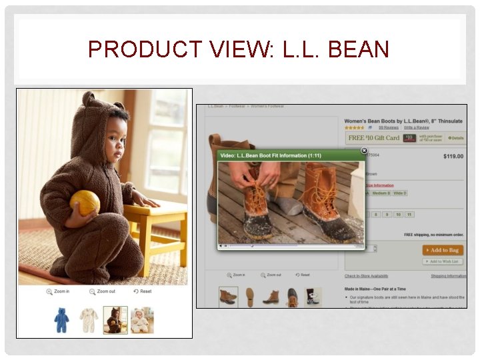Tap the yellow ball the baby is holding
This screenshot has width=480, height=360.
coord(85,202)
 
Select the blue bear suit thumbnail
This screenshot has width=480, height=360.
coord(61,321)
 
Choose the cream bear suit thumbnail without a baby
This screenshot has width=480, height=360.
coord(89,321)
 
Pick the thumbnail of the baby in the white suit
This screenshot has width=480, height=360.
coord(141,321)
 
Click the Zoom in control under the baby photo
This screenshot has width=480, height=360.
coord(58,291)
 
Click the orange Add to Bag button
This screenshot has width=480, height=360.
coord(443,250)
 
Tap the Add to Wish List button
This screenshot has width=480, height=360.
coord(443,261)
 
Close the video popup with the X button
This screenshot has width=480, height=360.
coord(364,151)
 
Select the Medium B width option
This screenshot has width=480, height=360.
coord(381,193)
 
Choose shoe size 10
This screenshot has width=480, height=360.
coord(397,215)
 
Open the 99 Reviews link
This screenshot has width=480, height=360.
coord(388,127)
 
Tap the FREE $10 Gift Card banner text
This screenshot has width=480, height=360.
coord(373,138)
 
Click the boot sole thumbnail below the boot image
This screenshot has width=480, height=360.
coord(249,297)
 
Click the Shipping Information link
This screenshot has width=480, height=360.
coord(448,276)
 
